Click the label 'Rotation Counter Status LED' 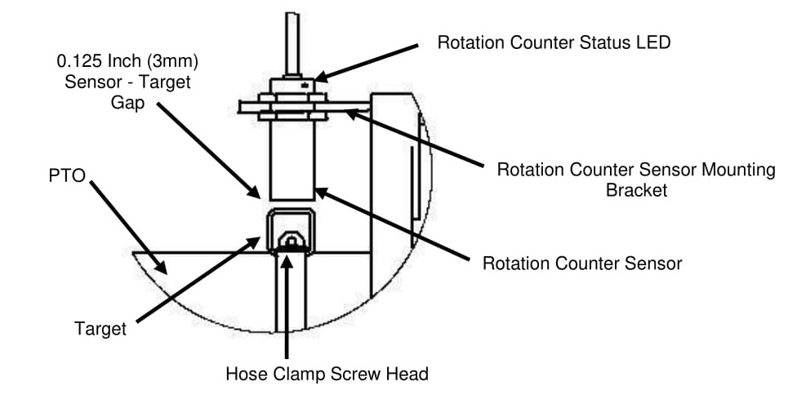pos(554,42)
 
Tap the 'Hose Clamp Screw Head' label pos(327,375)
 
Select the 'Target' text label pos(100,330)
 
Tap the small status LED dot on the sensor pos(304,84)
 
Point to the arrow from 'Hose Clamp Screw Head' pos(287,310)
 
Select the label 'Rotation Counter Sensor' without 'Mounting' pos(582,264)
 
